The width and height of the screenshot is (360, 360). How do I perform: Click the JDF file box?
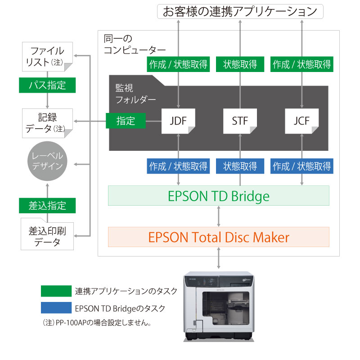pos(178,121)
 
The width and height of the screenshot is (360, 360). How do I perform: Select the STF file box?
pos(240,121)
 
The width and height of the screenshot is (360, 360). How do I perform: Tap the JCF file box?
pos(301,121)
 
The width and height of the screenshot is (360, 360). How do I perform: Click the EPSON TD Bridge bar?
pos(219,196)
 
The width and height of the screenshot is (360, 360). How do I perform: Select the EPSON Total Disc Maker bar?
pos(219,237)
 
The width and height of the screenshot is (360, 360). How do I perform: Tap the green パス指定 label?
pos(47,85)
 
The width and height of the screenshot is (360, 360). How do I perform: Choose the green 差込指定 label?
pos(47,205)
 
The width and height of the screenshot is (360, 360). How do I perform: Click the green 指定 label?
pos(126,121)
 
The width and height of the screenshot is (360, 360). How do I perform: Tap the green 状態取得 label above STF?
pos(240,64)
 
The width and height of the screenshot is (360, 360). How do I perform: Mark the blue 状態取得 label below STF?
pos(240,166)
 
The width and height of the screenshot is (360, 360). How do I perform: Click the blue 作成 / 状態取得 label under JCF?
pos(301,166)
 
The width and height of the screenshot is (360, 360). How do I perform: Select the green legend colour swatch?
pos(56,291)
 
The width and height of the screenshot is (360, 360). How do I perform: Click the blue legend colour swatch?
pos(56,308)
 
